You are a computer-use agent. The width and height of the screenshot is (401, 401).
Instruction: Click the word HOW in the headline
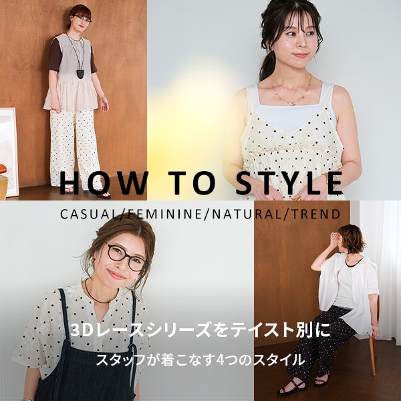104,183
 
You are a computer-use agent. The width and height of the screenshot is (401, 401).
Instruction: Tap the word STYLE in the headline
289,183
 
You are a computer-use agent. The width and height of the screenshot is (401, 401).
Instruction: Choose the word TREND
315,215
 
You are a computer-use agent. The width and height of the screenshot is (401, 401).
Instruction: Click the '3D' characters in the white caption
81,330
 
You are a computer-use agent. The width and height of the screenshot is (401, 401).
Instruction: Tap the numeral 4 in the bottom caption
220,360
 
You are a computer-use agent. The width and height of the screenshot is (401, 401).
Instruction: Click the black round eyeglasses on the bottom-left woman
126,257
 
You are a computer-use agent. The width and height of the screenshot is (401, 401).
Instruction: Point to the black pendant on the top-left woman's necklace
81,74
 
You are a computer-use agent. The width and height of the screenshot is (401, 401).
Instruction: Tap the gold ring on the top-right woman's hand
299,198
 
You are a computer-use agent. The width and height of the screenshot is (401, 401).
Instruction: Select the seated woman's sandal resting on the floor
291,386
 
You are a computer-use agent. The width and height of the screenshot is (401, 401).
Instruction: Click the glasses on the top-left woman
82,18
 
